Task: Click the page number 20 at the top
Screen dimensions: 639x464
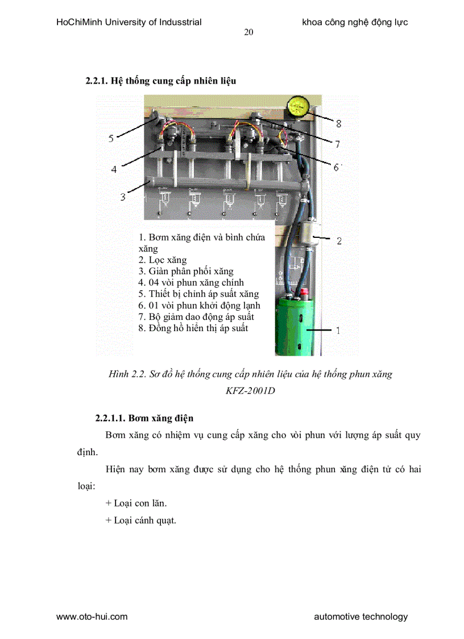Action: tap(248, 32)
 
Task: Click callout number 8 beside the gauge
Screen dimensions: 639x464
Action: tap(338, 123)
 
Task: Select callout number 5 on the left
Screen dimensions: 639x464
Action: tap(111, 138)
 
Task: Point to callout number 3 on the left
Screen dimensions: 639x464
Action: tap(122, 197)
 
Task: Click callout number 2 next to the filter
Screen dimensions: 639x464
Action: tap(339, 241)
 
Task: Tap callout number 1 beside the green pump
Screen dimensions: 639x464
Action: tap(339, 330)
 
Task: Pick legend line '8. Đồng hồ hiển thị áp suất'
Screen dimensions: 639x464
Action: tap(193, 328)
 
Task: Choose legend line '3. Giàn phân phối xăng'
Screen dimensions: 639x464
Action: tap(186, 271)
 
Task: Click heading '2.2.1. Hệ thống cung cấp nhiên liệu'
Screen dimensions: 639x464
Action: tap(161, 81)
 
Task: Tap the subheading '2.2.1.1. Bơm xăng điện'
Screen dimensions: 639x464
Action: tap(144, 418)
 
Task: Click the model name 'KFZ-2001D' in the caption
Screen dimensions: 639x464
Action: tap(250, 391)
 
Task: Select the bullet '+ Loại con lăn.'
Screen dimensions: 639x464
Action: tap(136, 503)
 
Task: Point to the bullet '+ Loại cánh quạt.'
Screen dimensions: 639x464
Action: tap(141, 520)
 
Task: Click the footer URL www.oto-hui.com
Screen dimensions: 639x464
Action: tap(92, 616)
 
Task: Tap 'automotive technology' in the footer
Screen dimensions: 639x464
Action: tap(361, 616)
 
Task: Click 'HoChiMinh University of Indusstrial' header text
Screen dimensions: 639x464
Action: tap(129, 23)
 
